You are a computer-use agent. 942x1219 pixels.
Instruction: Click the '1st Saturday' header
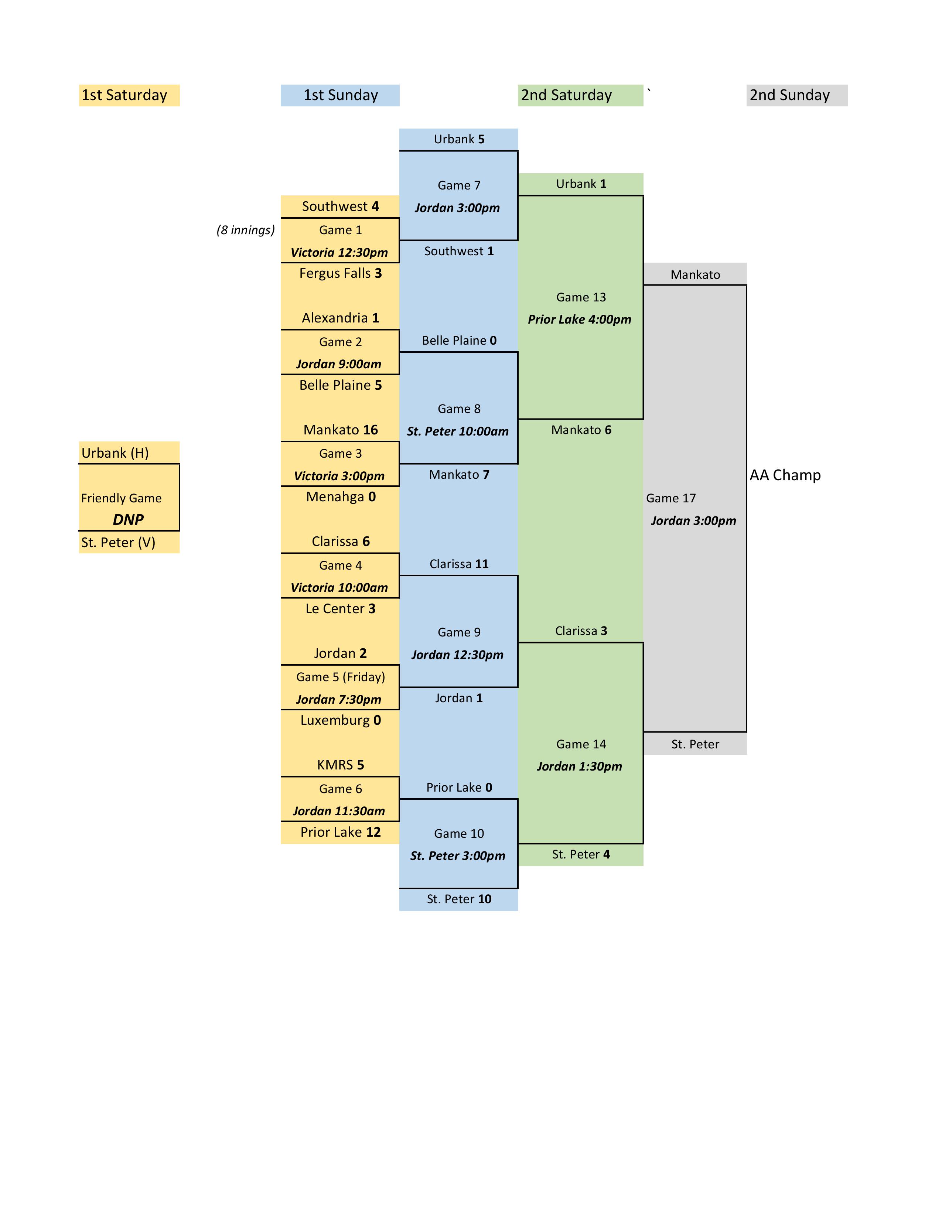tap(124, 95)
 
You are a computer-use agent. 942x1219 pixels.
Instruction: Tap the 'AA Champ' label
tap(785, 475)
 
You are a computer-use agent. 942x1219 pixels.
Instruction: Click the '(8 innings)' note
tap(246, 230)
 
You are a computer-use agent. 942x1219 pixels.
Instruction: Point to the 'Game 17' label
tap(671, 498)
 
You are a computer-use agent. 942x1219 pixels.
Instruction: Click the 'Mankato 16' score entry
tap(341, 430)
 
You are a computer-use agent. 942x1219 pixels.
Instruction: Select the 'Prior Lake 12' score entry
tap(341, 832)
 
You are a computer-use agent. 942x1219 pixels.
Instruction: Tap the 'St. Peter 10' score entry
tap(459, 899)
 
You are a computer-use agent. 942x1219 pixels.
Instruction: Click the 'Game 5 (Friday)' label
tap(341, 677)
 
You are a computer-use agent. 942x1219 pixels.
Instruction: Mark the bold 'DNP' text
tap(128, 520)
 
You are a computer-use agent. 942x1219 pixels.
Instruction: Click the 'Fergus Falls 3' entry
tap(341, 273)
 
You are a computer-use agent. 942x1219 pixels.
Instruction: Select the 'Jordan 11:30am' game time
tap(339, 811)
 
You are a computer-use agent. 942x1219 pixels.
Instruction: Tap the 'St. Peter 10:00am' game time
tap(458, 431)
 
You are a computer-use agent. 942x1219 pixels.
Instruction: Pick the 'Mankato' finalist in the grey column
tap(695, 274)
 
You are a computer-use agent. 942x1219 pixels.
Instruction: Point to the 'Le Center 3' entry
tap(341, 608)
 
